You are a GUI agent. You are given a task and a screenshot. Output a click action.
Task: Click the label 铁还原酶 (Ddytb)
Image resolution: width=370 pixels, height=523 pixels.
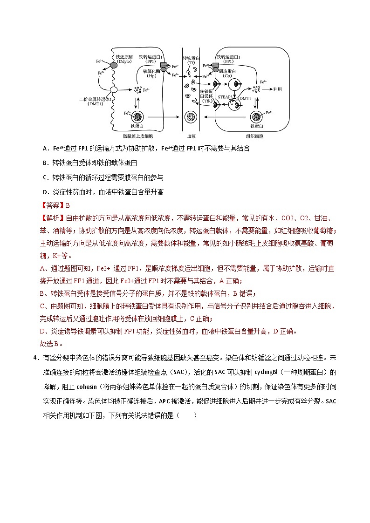[124, 59]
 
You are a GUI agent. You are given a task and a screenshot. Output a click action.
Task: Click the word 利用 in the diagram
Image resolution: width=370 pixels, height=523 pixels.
[278, 89]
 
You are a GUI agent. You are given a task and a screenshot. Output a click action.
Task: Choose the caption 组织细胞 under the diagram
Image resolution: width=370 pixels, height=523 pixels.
[254, 136]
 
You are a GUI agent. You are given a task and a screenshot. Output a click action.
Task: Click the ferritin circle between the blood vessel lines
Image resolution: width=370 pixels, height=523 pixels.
[191, 116]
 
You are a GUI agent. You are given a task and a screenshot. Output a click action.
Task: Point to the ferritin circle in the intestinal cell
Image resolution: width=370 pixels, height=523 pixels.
[138, 116]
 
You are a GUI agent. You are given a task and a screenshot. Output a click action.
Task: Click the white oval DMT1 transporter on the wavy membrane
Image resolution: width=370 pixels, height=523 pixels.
[113, 89]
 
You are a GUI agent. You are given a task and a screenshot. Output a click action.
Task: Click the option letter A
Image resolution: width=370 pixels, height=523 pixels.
[45, 149]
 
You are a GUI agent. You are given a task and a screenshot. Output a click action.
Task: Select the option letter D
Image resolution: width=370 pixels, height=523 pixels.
[45, 192]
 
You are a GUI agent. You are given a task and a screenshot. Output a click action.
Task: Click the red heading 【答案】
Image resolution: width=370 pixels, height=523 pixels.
[52, 205]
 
